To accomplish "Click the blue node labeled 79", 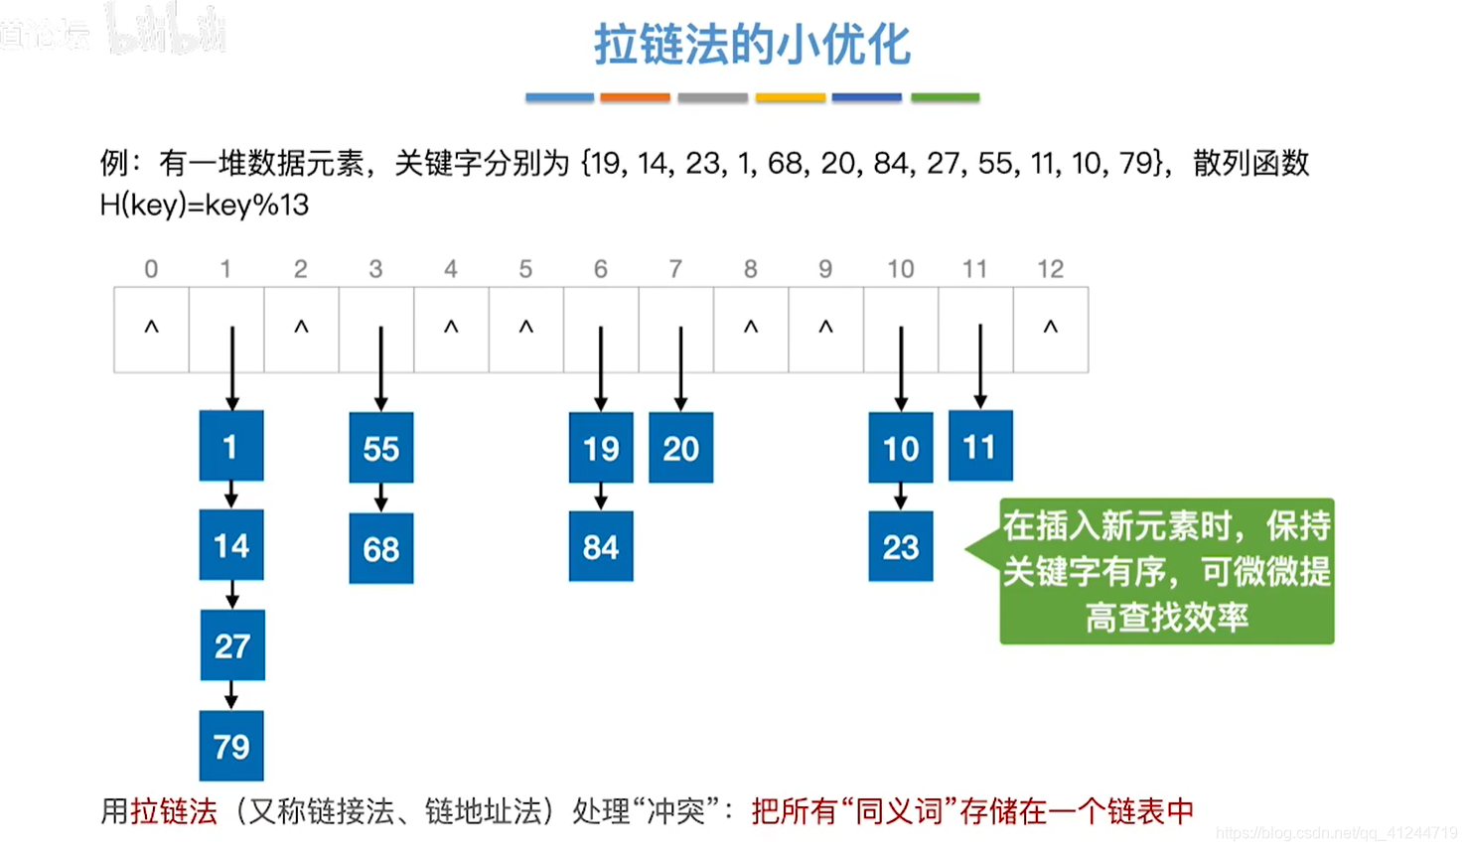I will coord(231,746).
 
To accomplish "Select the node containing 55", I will coord(381,448).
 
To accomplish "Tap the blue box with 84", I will coord(601,546).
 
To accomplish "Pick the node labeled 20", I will coord(680,448).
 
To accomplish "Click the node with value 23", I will coord(901,546).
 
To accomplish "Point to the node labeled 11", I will coord(980,446).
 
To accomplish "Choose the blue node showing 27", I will coord(232,645).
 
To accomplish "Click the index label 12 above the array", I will coord(1050,269).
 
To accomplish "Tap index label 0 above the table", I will coord(151,269).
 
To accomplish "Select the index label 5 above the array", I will coord(525,269).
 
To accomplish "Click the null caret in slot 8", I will coord(751,327).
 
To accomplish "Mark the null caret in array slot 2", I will coord(301,327).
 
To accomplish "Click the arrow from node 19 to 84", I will coord(601,496).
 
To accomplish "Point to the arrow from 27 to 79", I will coord(231,695).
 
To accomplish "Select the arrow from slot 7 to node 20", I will coord(680,368).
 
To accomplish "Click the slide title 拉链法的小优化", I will coord(752,46).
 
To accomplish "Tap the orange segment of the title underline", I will coord(636,97).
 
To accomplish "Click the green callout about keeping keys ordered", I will coord(1166,571).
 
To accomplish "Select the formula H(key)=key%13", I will coord(205,206).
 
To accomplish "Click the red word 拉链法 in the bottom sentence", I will coord(174,811).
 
